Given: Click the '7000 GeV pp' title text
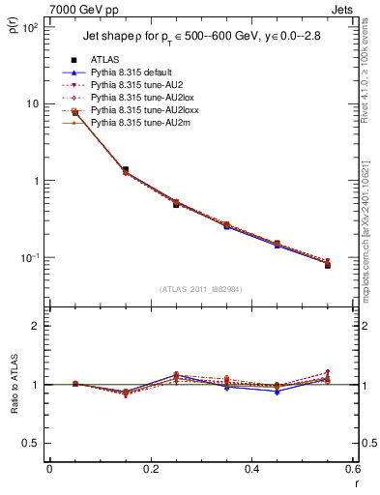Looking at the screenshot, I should point(40,9).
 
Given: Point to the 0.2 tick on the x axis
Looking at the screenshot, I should point(150,469).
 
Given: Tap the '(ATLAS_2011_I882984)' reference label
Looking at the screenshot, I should point(201,289).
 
